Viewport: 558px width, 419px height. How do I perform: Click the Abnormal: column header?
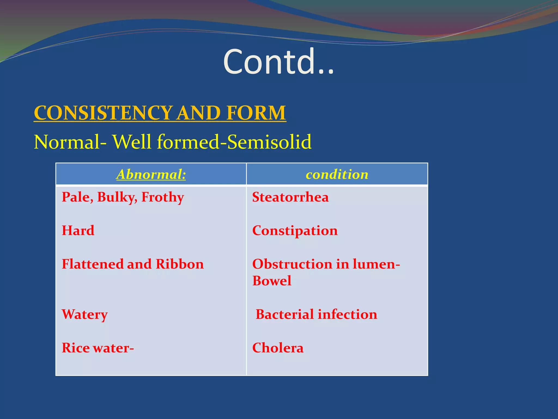tap(151, 174)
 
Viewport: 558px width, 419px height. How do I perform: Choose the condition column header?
tap(337, 174)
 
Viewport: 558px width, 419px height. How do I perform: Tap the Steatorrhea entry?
tap(290, 197)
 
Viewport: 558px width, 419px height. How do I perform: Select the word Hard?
tap(78, 231)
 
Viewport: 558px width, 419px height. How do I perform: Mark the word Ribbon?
tap(180, 264)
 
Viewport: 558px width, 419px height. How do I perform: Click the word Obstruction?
tap(292, 264)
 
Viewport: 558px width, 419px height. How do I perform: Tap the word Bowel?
tap(272, 281)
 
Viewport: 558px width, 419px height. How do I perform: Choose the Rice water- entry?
tap(98, 348)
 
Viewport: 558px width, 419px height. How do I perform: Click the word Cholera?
tap(278, 348)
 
